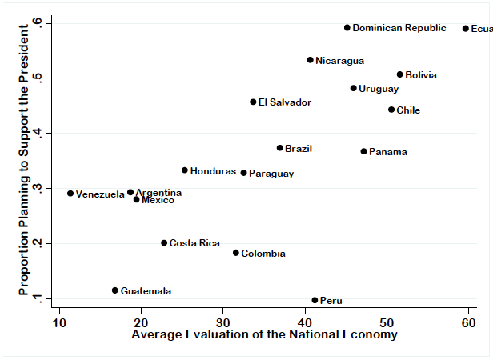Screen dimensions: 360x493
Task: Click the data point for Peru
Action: point(315,300)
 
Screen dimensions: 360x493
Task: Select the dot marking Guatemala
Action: point(115,290)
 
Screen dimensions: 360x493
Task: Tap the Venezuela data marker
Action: point(70,194)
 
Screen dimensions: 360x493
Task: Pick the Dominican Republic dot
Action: point(347,27)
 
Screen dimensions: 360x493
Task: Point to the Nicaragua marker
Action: point(311,60)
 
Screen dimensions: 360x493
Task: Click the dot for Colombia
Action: point(236,253)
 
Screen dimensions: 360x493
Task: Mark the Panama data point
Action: point(363,151)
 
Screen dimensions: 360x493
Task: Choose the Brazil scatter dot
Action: point(280,148)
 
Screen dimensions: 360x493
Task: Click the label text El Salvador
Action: point(284,102)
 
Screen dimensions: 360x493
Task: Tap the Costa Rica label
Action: point(194,243)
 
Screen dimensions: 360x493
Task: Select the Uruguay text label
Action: point(379,89)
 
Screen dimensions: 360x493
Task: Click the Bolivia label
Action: point(421,75)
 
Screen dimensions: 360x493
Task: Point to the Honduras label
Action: point(213,171)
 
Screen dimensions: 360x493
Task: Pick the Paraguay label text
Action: point(271,174)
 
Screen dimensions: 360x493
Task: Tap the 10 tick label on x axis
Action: point(59,322)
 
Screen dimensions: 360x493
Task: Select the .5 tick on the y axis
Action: point(47,77)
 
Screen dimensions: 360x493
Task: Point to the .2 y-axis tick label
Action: point(47,243)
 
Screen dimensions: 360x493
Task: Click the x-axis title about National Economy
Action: point(264,335)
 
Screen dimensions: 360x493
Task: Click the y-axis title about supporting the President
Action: point(24,160)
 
